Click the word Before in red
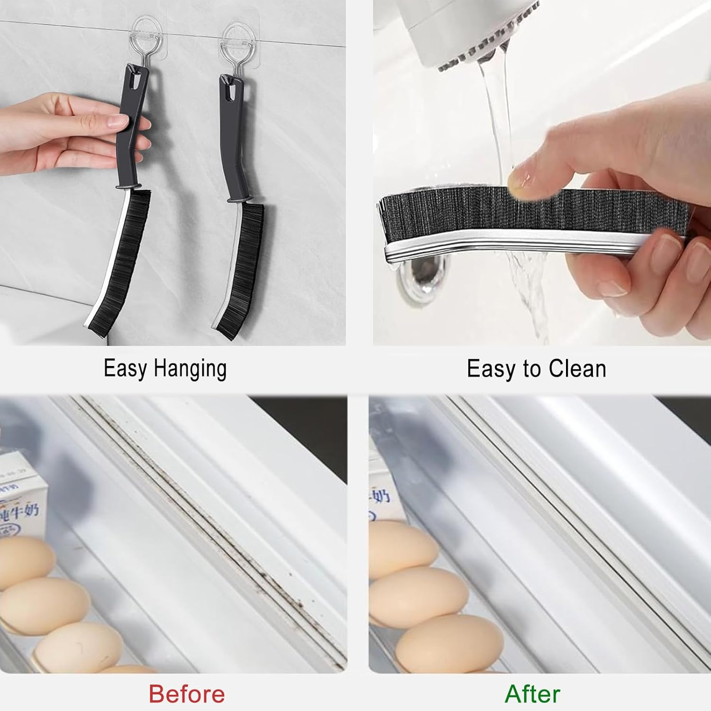coord(187,694)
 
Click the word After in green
coord(532,694)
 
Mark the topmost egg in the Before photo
coord(24,559)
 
